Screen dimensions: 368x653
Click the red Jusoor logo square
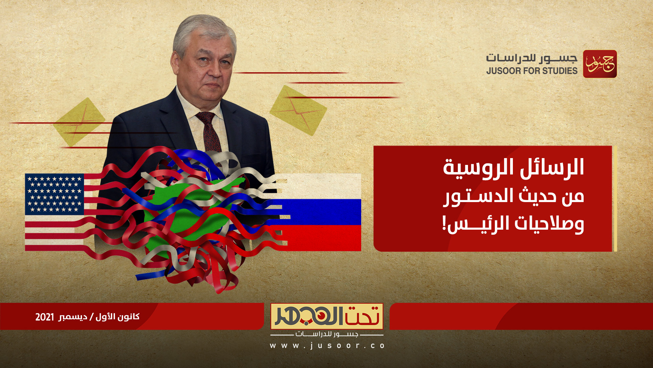(x=600, y=64)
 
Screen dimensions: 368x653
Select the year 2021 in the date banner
(x=45, y=317)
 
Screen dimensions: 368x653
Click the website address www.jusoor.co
(x=327, y=346)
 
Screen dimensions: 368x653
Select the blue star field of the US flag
(x=54, y=194)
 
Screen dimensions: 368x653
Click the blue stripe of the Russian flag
(x=323, y=212)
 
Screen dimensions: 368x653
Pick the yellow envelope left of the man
(x=79, y=121)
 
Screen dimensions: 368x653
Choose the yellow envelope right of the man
(x=298, y=110)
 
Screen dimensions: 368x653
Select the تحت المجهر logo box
(x=327, y=316)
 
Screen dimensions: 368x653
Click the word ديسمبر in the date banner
(x=73, y=317)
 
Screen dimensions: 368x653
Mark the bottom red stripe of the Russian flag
(x=323, y=239)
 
